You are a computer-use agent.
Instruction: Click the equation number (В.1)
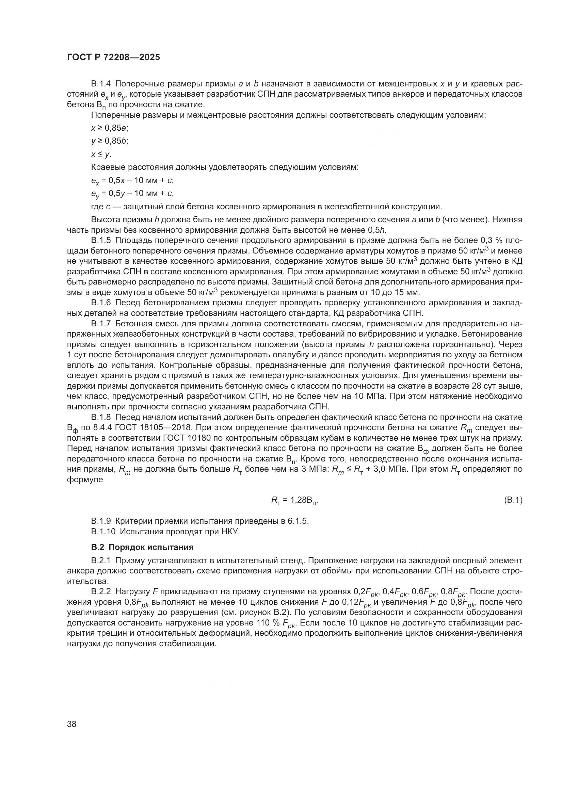click(512, 500)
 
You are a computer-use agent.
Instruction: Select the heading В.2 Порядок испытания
click(142, 547)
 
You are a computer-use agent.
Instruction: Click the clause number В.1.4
click(101, 84)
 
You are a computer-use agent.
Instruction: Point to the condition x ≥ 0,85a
click(110, 128)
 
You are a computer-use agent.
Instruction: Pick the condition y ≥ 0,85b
click(110, 141)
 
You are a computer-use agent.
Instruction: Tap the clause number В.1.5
click(101, 240)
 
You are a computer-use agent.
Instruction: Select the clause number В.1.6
click(101, 303)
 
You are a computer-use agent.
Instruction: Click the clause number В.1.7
click(101, 324)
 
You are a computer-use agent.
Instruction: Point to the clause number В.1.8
click(101, 418)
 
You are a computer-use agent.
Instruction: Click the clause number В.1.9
click(101, 521)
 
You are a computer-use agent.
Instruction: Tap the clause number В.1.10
click(103, 531)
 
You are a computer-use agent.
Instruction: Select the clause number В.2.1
click(101, 560)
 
